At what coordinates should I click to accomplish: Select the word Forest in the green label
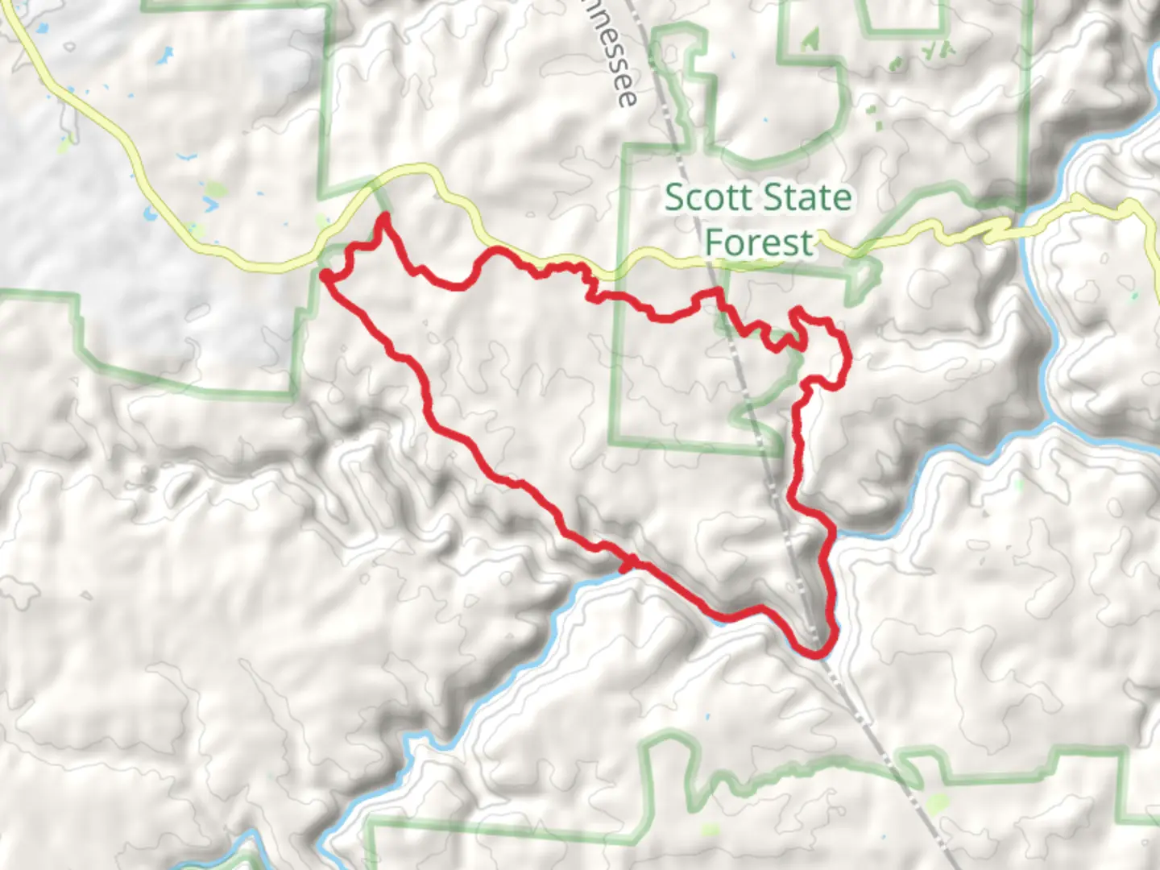[759, 242]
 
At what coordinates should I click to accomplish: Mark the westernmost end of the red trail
[325, 276]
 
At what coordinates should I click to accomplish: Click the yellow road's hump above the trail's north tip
[415, 168]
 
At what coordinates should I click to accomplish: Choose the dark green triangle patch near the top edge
[810, 39]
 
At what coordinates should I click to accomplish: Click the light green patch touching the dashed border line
[937, 804]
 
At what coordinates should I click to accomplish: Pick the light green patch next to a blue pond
[214, 192]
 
